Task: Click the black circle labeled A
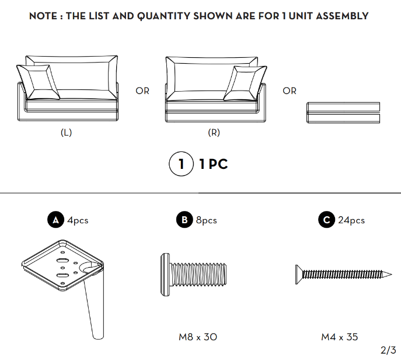tap(55, 220)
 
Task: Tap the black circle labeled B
tap(184, 220)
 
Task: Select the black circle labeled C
tap(327, 220)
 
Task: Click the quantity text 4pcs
tap(78, 220)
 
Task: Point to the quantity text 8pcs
tap(207, 220)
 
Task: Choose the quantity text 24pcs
tap(351, 220)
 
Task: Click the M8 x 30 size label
tap(198, 337)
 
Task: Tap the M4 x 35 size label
tap(340, 337)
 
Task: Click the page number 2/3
tap(388, 350)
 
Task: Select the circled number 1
tap(182, 164)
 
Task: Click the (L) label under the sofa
tap(66, 133)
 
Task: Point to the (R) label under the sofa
tap(214, 133)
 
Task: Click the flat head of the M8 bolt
tap(165, 275)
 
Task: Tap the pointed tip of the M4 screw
tap(391, 275)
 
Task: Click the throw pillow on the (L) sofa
tap(38, 82)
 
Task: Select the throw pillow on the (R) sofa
tap(245, 83)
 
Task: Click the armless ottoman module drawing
tap(343, 113)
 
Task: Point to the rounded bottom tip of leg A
tap(98, 337)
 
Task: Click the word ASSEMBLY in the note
tap(342, 16)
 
